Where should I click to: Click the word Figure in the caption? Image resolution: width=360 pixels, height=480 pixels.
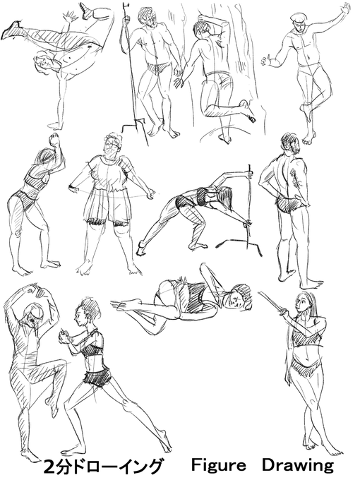click(219, 466)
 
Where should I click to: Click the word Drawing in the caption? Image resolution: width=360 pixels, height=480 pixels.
click(298, 466)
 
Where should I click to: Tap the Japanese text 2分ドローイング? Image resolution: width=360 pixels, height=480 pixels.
click(102, 467)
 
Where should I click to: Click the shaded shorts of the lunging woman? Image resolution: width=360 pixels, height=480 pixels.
click(97, 376)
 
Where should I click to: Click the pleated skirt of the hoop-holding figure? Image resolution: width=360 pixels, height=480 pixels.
click(108, 205)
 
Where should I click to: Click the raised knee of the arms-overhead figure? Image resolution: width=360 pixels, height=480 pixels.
click(61, 364)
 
